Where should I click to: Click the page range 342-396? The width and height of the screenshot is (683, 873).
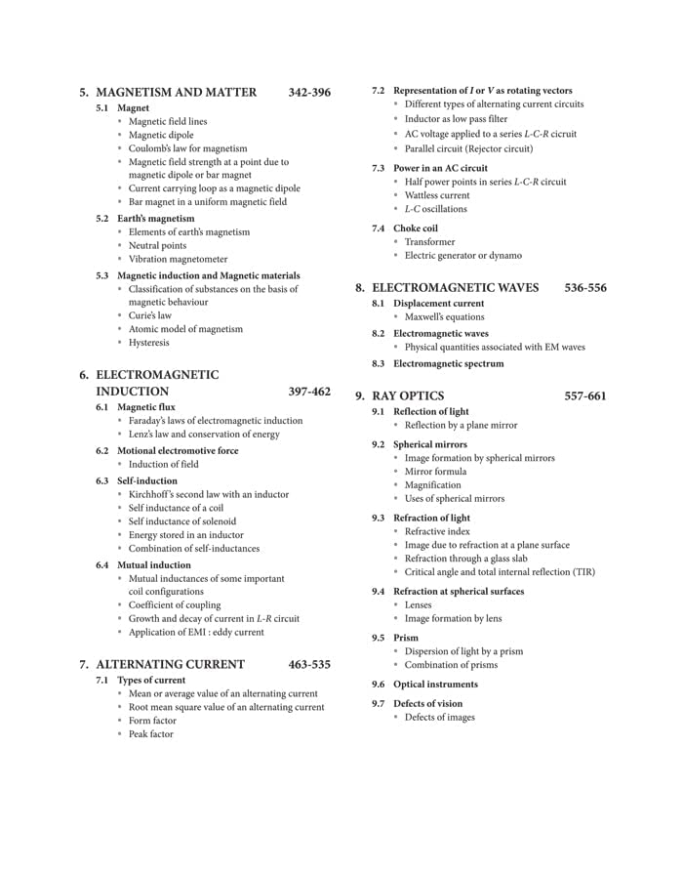(x=309, y=93)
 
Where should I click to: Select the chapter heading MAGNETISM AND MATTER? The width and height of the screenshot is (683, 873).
(x=177, y=93)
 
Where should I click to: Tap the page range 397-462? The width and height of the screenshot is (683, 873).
(x=309, y=392)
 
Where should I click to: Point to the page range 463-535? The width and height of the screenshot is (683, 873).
(x=309, y=665)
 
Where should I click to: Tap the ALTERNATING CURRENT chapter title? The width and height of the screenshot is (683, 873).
(x=171, y=665)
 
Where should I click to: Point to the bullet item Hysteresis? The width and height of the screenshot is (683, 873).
(x=149, y=343)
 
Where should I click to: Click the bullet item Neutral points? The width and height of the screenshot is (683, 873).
(x=157, y=245)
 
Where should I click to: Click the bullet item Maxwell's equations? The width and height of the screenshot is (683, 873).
(x=444, y=316)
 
